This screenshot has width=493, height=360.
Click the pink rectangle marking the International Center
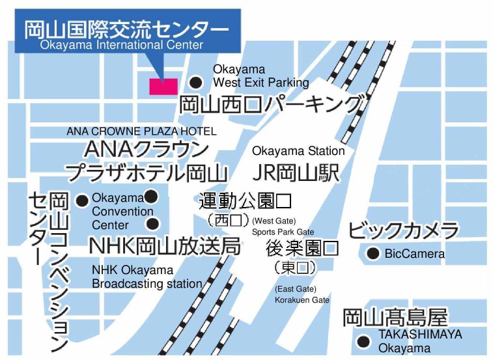pos(163,86)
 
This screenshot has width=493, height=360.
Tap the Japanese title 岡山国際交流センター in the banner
pos(127,29)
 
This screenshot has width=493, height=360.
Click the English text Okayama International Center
pos(122,46)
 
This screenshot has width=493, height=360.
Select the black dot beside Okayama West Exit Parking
pos(195,82)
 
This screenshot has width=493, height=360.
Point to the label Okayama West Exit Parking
pos(261,76)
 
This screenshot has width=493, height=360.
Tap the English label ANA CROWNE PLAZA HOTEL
pos(141,132)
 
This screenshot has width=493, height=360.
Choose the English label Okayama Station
pos(298,151)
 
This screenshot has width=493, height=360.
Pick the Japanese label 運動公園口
pos(245,200)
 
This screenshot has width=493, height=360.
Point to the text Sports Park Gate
pos(283,232)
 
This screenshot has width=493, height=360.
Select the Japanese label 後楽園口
pos(302,248)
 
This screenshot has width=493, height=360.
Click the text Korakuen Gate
pos(302,300)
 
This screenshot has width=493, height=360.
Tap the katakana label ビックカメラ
pos(404,230)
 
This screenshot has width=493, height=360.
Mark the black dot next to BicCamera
pos(373,254)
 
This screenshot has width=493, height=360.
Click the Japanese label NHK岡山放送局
pos(165,247)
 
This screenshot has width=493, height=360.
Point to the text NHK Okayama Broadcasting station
pos(147,277)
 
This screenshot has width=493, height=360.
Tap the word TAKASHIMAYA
pos(420,335)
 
